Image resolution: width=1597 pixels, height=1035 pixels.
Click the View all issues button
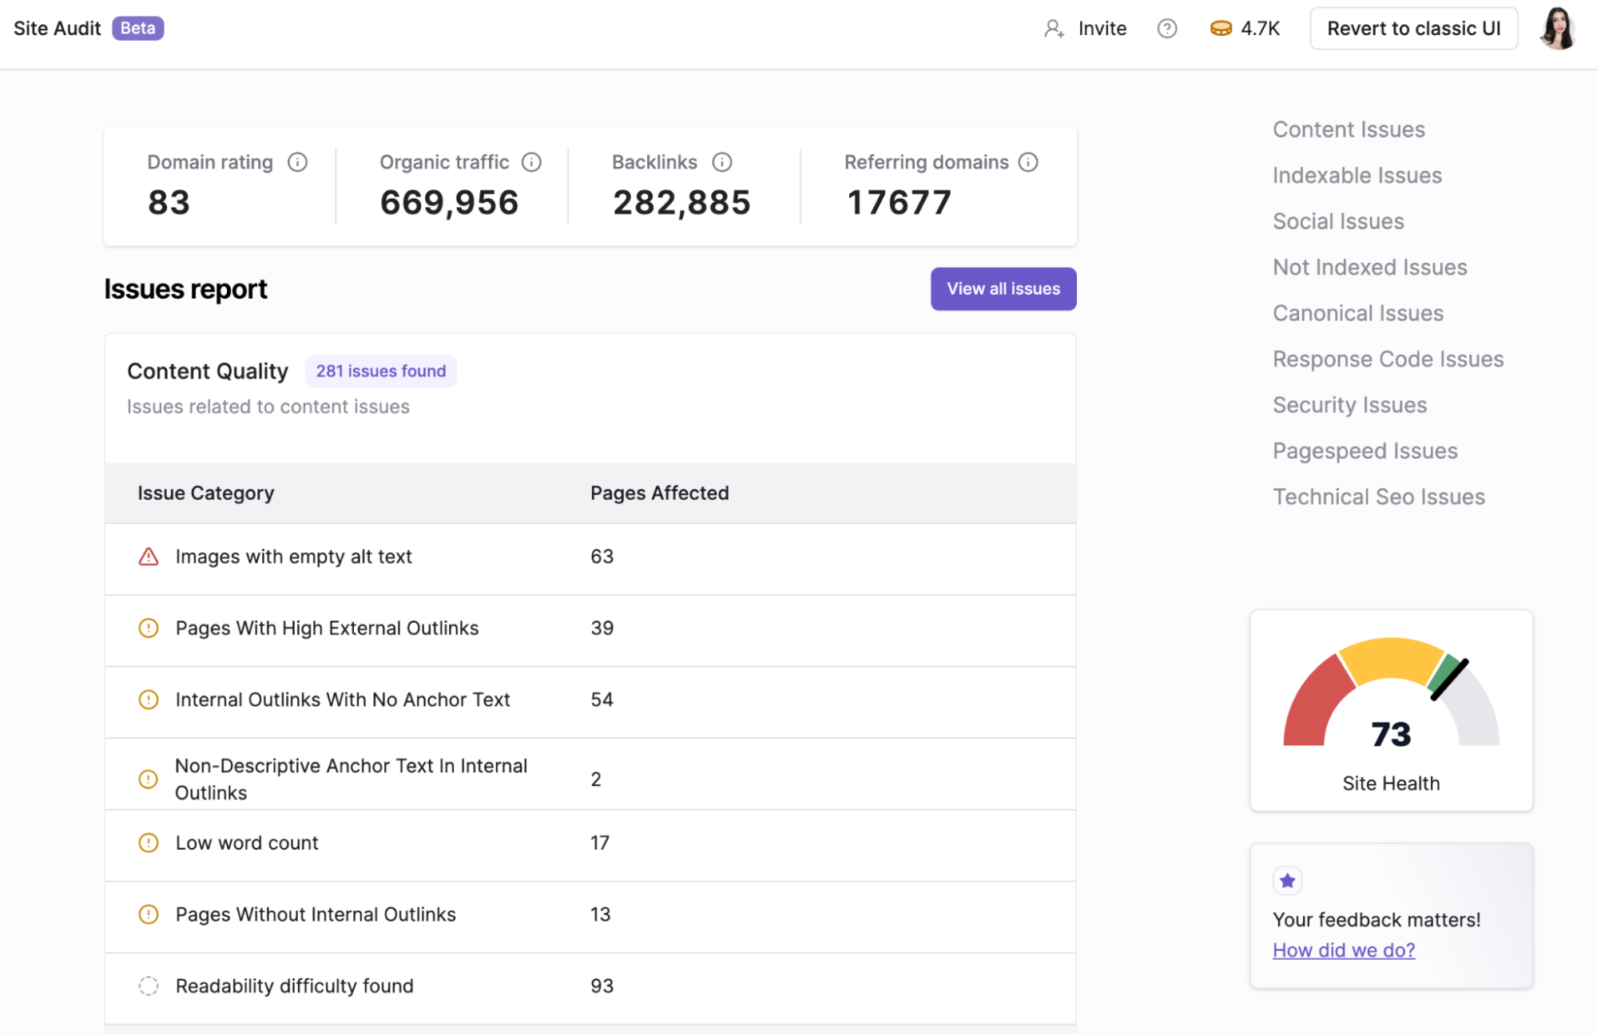(1003, 289)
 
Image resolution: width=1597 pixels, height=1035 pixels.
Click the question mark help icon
(1166, 29)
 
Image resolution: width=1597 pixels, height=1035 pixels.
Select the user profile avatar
(1557, 29)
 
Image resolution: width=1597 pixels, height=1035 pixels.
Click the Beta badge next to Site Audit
(137, 29)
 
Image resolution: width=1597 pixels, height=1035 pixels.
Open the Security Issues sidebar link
(1349, 405)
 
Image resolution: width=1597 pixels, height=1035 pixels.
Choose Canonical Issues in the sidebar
(1357, 313)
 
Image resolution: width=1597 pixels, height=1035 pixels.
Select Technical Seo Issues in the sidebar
(1378, 497)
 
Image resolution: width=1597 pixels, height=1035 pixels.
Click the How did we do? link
(1343, 950)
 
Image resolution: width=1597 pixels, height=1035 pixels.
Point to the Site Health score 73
(1390, 735)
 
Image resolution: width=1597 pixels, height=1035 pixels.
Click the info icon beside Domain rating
(297, 162)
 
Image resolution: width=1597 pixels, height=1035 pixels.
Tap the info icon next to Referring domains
(1028, 162)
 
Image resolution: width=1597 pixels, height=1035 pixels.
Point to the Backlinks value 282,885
(681, 203)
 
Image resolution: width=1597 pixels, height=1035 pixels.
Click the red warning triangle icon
(149, 557)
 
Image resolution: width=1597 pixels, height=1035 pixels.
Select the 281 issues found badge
(380, 371)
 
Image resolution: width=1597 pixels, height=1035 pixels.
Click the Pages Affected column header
(659, 494)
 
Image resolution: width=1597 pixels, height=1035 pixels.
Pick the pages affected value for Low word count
(599, 843)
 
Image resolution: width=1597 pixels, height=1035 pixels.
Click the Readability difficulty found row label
(294, 985)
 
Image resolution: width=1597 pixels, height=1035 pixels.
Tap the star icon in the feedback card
(1287, 881)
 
